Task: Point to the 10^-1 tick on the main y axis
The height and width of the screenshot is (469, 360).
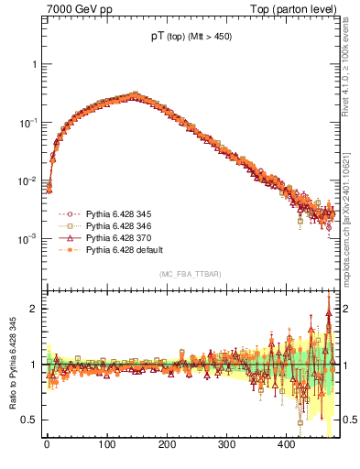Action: coord(27,122)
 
